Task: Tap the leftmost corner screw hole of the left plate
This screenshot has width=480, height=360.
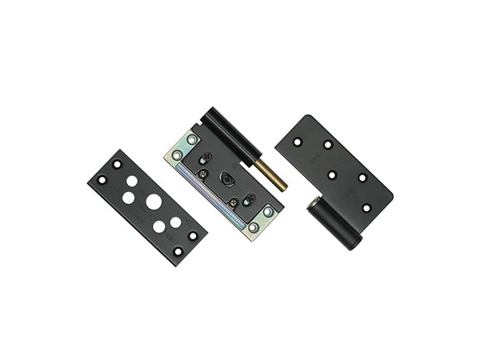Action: click(x=101, y=179)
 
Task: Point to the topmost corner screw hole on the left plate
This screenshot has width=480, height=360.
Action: click(x=117, y=163)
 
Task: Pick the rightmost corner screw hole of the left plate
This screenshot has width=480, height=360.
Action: click(x=192, y=235)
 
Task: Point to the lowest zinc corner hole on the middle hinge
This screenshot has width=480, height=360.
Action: click(x=253, y=228)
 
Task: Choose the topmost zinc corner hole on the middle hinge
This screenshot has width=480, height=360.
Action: click(x=191, y=139)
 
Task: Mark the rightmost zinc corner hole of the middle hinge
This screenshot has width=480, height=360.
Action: click(x=267, y=212)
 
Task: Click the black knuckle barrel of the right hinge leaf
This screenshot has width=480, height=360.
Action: click(x=330, y=223)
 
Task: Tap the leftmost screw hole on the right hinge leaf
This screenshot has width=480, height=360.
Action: click(x=296, y=142)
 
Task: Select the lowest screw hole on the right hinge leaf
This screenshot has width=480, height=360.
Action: click(x=366, y=207)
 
